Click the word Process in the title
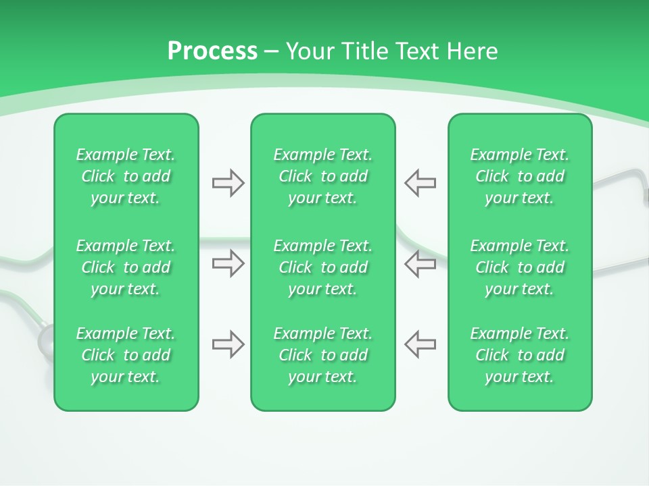[212, 51]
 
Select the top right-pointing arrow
[228, 183]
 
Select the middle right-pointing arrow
[228, 263]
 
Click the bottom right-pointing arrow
[228, 344]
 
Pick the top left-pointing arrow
[420, 183]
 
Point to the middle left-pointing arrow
[420, 263]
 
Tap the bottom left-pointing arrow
[420, 344]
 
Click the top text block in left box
[126, 176]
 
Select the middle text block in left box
[126, 267]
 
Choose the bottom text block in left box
[126, 355]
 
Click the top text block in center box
[322, 176]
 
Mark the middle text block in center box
[322, 267]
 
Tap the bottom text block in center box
[322, 355]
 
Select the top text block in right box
[519, 176]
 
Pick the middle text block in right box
[519, 267]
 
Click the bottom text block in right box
[519, 355]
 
